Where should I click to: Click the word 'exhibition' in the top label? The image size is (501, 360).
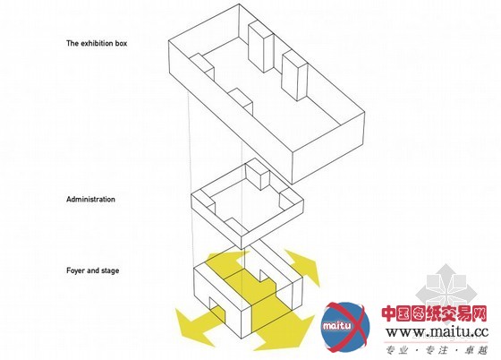[98, 43]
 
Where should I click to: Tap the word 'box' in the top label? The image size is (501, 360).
[122, 43]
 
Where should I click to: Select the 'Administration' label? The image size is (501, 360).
[90, 199]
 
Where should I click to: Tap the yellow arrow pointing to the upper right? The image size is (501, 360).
[303, 266]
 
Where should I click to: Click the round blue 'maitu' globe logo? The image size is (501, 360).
[345, 327]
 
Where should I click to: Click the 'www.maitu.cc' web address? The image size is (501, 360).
[437, 332]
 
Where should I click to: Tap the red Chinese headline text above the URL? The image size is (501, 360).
[434, 313]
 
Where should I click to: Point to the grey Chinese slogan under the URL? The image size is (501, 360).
[437, 350]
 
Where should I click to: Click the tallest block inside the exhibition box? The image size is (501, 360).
[261, 47]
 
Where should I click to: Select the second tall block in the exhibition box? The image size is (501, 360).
[294, 75]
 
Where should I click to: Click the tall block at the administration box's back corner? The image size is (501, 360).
[258, 175]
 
